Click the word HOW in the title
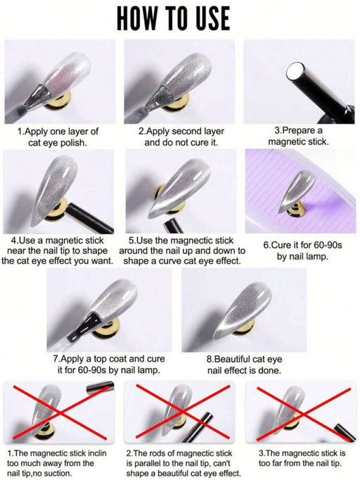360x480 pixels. pos(137,18)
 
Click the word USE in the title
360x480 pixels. pos(210,18)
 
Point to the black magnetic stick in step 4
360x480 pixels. pos(89,218)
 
